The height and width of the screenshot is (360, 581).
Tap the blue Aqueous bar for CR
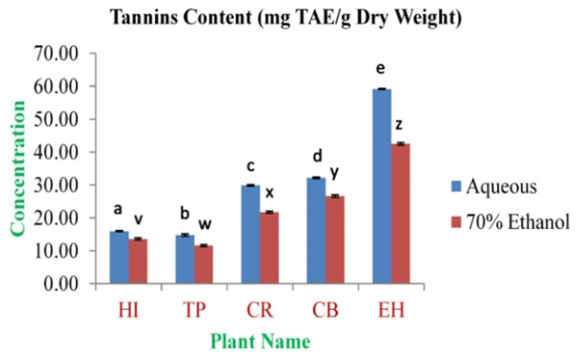[250, 235]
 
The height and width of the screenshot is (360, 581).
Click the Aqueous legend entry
[494, 188]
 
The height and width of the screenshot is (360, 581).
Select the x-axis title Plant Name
[260, 341]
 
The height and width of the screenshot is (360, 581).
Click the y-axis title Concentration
[19, 168]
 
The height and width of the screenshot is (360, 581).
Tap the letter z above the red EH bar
[400, 124]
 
